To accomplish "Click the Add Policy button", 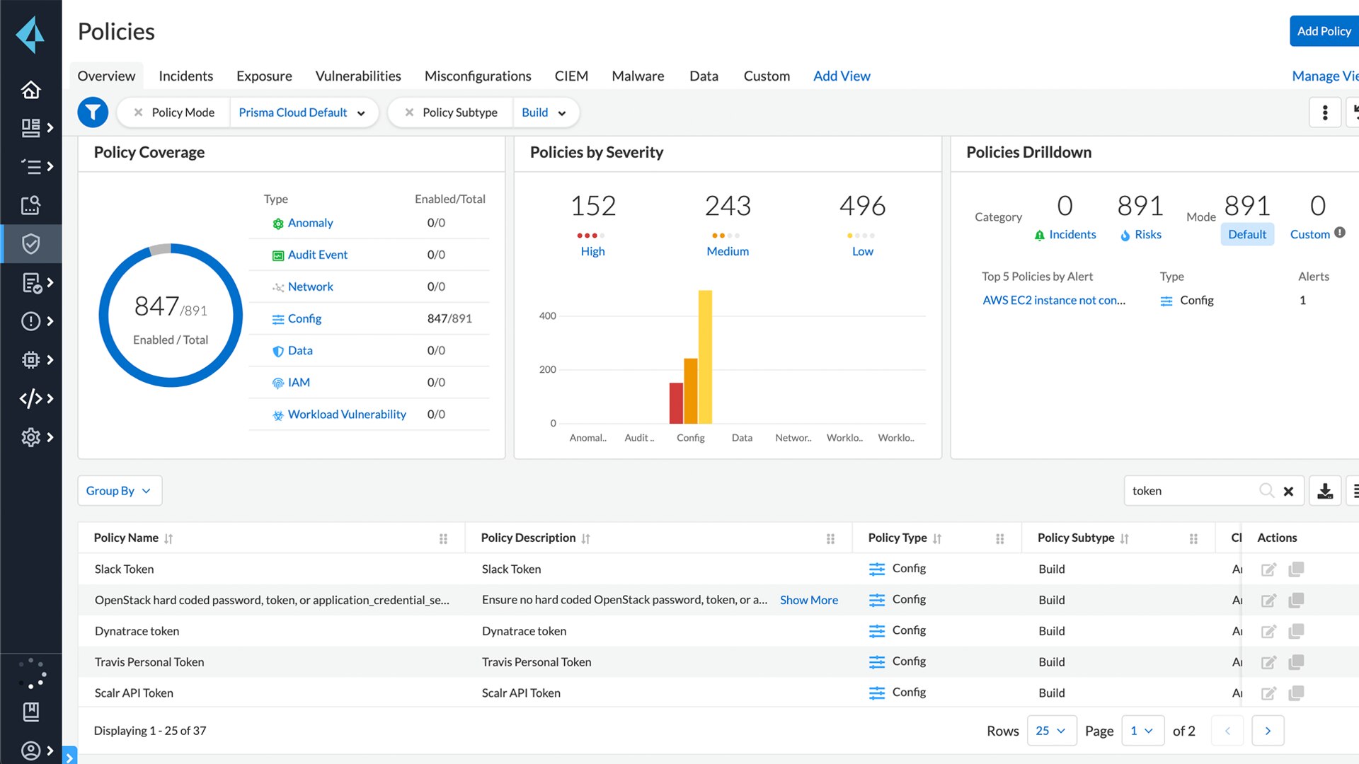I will pyautogui.click(x=1323, y=31).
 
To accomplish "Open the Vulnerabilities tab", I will pyautogui.click(x=357, y=76).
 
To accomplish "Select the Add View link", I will pyautogui.click(x=841, y=76).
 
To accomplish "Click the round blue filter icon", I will pyautogui.click(x=93, y=112).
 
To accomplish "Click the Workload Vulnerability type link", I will pyautogui.click(x=346, y=415).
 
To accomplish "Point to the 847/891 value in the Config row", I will pyautogui.click(x=449, y=319).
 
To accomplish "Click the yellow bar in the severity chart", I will pyautogui.click(x=705, y=357).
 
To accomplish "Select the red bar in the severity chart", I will pyautogui.click(x=676, y=403).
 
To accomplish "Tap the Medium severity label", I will pyautogui.click(x=727, y=251).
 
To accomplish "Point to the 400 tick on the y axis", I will pyautogui.click(x=547, y=316).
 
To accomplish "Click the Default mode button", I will pyautogui.click(x=1246, y=234).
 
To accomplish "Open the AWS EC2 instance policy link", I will pyautogui.click(x=1053, y=301).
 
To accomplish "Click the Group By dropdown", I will pyautogui.click(x=119, y=491).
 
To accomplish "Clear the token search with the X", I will pyautogui.click(x=1288, y=491).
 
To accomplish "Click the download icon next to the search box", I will pyautogui.click(x=1325, y=491).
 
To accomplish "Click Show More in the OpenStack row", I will pyautogui.click(x=808, y=600).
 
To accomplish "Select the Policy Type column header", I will pyautogui.click(x=897, y=538).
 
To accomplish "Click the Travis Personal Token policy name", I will pyautogui.click(x=149, y=662).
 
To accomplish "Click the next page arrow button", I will pyautogui.click(x=1267, y=731).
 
